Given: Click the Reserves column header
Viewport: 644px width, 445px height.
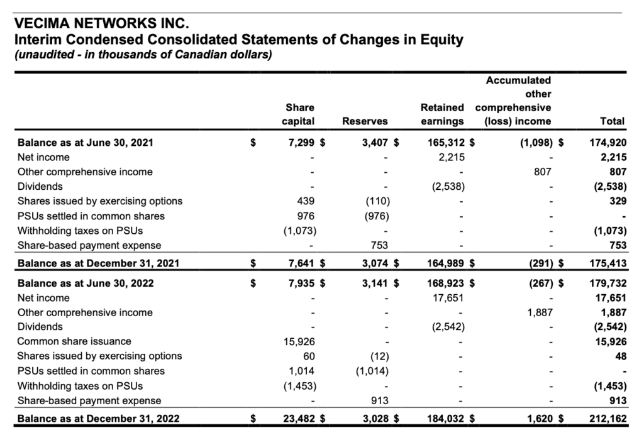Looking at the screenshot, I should pyautogui.click(x=364, y=121).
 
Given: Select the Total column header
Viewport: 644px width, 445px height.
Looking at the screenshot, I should pyautogui.click(x=613, y=121).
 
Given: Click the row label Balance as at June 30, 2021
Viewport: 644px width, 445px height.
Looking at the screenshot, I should pyautogui.click(x=85, y=143).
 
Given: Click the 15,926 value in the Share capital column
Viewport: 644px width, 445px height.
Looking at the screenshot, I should pyautogui.click(x=297, y=341).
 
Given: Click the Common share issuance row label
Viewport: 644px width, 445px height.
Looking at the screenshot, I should pyautogui.click(x=74, y=341).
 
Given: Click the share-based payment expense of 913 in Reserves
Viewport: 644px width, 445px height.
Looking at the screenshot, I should pyautogui.click(x=380, y=400).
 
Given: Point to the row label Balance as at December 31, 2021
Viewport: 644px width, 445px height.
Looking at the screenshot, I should pyautogui.click(x=98, y=263).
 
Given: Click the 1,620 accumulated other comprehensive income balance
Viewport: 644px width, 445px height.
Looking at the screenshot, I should pyautogui.click(x=538, y=419).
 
